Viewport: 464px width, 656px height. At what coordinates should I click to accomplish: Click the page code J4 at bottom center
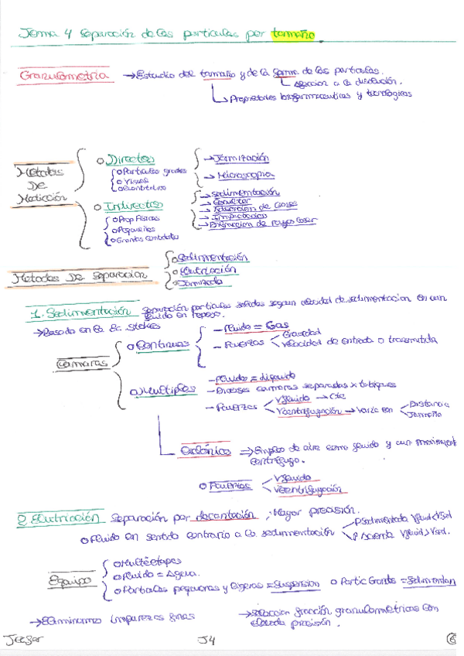click(x=205, y=638)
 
